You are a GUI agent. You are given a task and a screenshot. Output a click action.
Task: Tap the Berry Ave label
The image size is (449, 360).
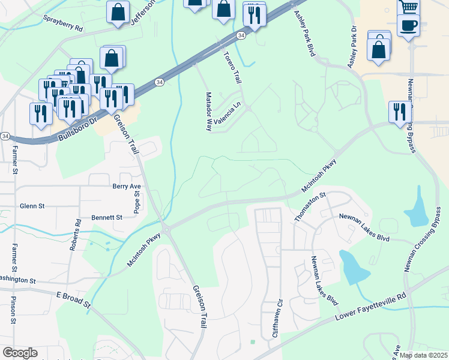[127, 187]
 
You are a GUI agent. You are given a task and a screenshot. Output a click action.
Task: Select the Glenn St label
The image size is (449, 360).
[32, 206]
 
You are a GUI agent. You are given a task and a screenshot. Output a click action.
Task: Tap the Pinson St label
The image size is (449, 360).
[13, 310]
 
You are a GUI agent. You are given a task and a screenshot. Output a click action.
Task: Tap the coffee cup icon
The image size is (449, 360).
[408, 25]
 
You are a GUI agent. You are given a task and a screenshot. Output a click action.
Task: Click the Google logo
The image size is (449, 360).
[20, 353]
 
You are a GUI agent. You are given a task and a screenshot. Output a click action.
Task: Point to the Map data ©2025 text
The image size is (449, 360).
[423, 355]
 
